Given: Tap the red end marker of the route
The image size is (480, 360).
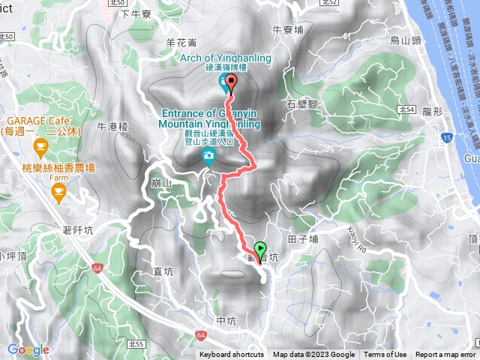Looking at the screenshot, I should tap(230, 82).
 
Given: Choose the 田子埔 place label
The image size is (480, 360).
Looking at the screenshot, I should tap(304, 239).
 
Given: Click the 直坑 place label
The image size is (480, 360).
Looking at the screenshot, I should tap(163, 272).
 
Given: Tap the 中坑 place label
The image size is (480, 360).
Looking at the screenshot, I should tap(226, 321).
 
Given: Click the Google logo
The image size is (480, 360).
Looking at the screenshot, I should tap(28, 349).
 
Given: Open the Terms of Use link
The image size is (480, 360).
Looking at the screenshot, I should tap(385, 355).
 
